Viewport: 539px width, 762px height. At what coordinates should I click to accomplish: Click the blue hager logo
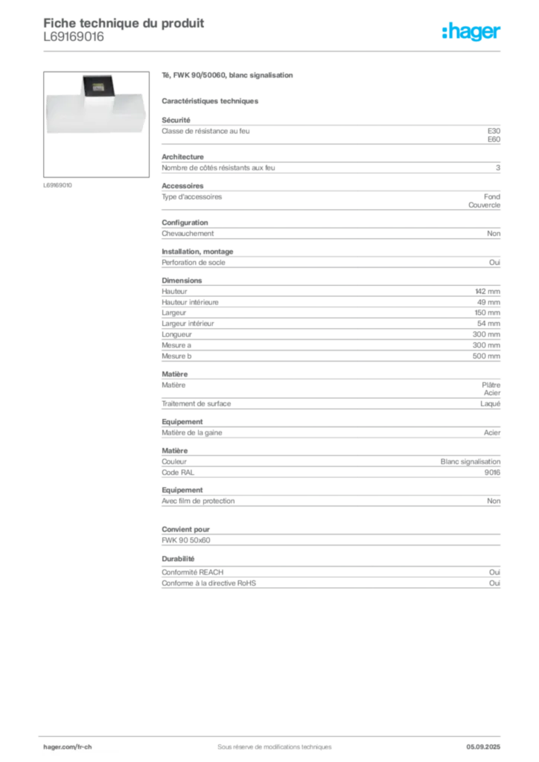pyautogui.click(x=473, y=33)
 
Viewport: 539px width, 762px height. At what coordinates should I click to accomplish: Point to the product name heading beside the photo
pyautogui.click(x=230, y=76)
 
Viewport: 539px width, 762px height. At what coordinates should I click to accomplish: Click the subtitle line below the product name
pyautogui.click(x=211, y=100)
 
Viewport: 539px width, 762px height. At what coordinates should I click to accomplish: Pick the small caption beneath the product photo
pyautogui.click(x=59, y=185)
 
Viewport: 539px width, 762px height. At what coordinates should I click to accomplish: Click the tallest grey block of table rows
pyautogui.click(x=330, y=321)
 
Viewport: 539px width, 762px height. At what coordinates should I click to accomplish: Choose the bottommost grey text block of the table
pyautogui.click(x=330, y=573)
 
